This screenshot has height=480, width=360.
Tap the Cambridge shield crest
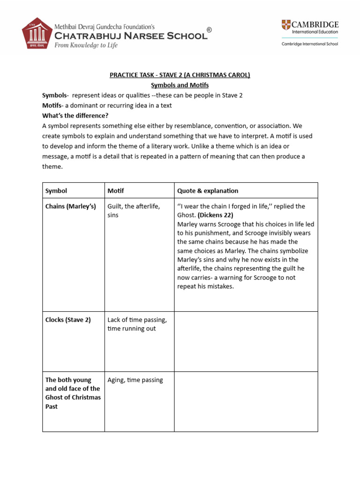286,25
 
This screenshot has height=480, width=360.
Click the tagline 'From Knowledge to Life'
86,45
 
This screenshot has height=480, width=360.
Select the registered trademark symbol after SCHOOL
209,30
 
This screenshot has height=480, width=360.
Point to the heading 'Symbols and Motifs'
180,85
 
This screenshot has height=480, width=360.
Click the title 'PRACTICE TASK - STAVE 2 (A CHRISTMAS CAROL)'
180,75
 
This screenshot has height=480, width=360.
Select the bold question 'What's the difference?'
75,116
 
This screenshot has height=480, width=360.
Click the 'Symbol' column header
56,191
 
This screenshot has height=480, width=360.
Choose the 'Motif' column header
116,191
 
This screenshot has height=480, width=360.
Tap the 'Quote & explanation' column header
208,191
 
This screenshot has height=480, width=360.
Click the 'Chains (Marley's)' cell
70,207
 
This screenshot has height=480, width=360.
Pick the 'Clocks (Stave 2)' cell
68,320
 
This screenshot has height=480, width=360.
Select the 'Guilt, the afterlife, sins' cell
134,211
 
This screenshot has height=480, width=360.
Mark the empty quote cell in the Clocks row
246,341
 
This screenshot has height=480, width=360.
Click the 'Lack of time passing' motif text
137,320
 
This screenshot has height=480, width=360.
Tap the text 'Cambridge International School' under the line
309,44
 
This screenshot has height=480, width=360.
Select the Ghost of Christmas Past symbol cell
73,393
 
